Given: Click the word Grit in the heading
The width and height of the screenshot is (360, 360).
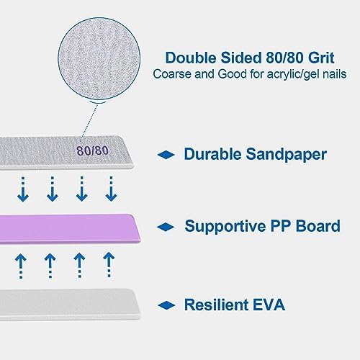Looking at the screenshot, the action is click(x=321, y=58).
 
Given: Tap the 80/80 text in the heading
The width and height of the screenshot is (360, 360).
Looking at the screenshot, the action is click(x=284, y=58).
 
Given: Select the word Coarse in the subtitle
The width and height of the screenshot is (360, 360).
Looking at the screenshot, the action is click(x=172, y=74).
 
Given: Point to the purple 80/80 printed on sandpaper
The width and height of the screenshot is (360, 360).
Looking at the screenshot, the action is click(x=93, y=150).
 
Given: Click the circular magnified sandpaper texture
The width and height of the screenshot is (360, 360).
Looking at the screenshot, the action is click(x=99, y=59).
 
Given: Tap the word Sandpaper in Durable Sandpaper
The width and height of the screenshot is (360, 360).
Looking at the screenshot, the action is click(x=286, y=154).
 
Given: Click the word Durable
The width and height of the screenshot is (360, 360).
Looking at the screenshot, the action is click(x=212, y=154).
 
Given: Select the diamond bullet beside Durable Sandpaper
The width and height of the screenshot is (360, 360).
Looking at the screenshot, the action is click(x=166, y=155).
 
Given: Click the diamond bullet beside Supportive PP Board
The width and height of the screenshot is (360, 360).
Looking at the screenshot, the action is click(x=166, y=227).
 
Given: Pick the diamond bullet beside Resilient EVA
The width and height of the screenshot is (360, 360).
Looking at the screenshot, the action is click(x=166, y=305).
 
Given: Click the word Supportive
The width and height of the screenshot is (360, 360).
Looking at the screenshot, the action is click(x=225, y=227).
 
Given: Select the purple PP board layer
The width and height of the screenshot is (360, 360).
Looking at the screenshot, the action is click(x=70, y=229).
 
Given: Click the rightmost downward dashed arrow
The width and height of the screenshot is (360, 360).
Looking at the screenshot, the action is click(x=111, y=189).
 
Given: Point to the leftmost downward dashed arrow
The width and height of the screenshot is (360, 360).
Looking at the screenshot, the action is click(x=23, y=189).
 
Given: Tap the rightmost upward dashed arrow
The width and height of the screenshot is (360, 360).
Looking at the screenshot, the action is click(x=109, y=265).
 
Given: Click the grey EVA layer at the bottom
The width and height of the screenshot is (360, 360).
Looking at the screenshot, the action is click(x=70, y=305).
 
